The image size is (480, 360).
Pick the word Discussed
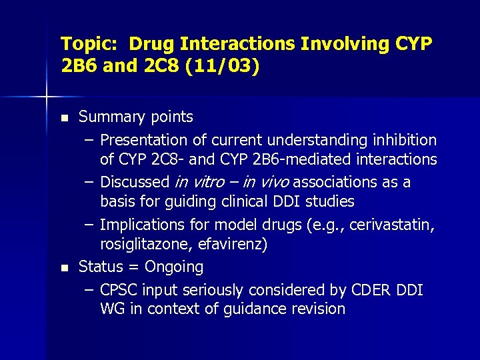pos(135,182)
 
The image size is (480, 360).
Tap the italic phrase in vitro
pos(199,182)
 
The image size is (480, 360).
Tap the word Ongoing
pos(174,267)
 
